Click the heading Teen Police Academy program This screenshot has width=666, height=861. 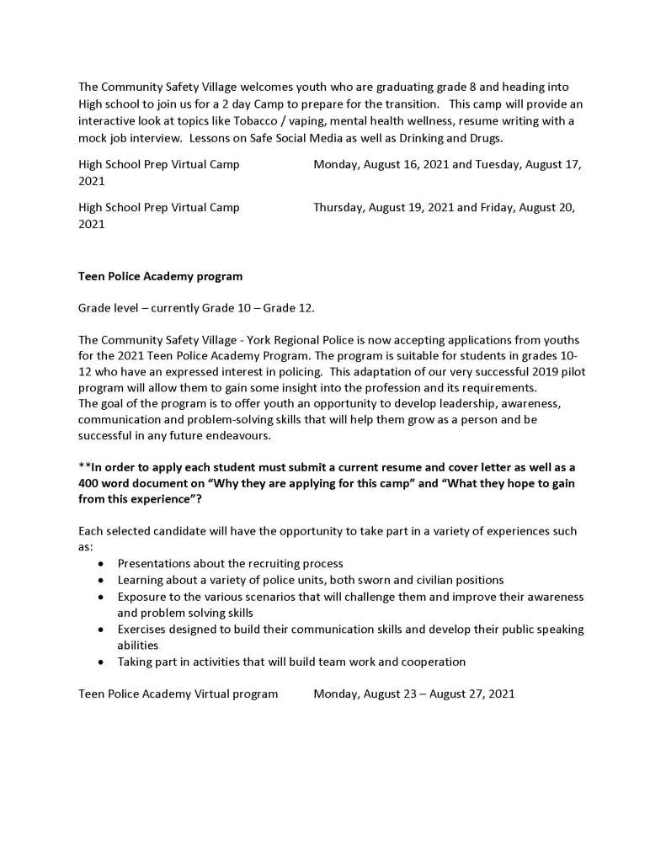point(160,275)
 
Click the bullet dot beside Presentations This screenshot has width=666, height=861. point(102,564)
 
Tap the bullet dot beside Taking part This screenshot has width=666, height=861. point(102,662)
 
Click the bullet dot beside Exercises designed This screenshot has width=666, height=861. point(102,630)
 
